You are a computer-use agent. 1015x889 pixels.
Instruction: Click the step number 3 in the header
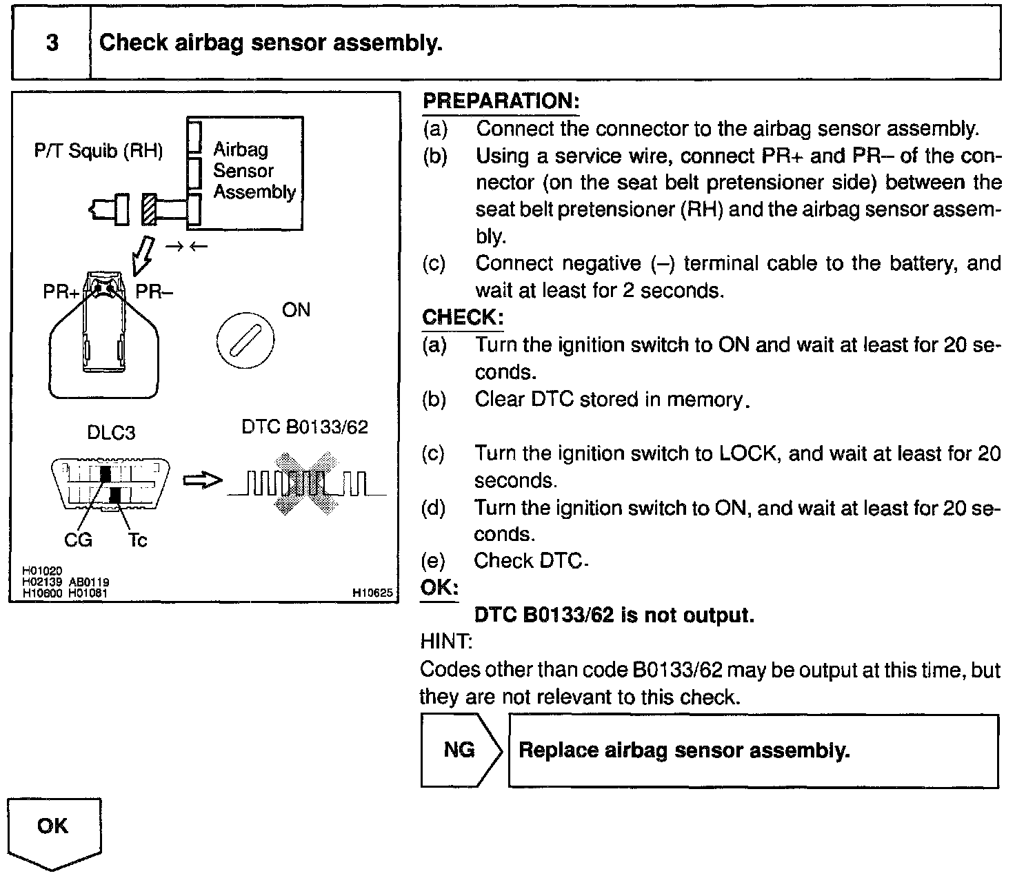coord(52,43)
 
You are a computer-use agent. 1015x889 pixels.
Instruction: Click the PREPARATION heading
coord(501,101)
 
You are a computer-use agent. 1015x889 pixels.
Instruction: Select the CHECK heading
coord(463,318)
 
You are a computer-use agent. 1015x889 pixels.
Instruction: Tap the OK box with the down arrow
coord(54,831)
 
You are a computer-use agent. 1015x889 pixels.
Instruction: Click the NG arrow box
coord(461,750)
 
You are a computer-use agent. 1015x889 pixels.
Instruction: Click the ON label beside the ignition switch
coord(296,310)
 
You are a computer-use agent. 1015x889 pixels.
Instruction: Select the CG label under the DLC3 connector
coord(78,540)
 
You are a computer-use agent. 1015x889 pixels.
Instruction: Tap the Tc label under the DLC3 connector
coord(137,540)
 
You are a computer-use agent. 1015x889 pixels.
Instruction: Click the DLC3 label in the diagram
coord(111,433)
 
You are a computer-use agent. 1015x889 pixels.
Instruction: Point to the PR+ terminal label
coord(61,292)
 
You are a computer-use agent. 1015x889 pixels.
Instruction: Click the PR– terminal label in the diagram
coord(154,292)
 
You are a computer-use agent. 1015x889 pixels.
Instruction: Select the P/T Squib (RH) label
coord(99,151)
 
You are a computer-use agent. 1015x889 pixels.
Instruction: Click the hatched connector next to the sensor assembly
coord(149,209)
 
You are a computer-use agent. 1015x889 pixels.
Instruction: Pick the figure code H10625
coord(372,592)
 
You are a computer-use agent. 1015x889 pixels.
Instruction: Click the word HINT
coord(445,642)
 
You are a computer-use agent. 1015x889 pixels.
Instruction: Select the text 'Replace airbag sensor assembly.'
coord(684,750)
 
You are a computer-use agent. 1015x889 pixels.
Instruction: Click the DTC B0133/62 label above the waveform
coord(305,427)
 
